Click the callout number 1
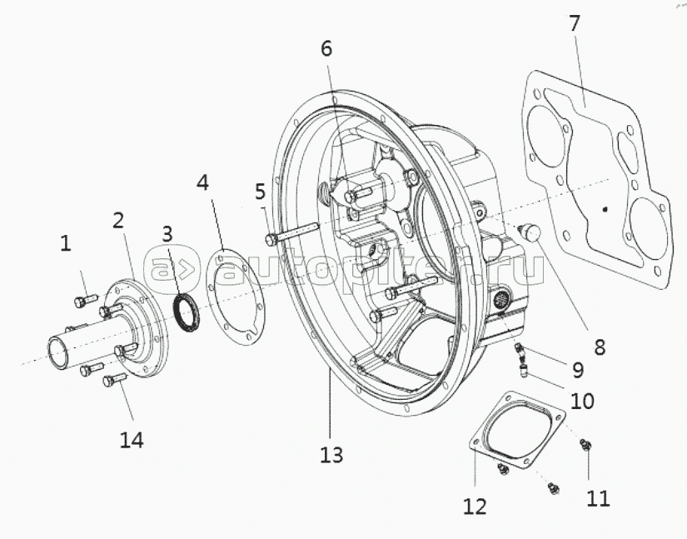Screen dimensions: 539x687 tap(65, 243)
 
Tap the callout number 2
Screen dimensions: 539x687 tap(119, 221)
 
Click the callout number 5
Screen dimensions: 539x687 tap(261, 192)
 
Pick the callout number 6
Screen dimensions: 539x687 tap(326, 48)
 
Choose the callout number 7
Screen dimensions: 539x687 tap(574, 24)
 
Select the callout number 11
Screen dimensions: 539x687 tap(597, 497)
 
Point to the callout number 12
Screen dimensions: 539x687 tap(475, 505)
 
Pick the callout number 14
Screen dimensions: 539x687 tap(131, 439)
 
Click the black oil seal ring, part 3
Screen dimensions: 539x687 tap(185, 310)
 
